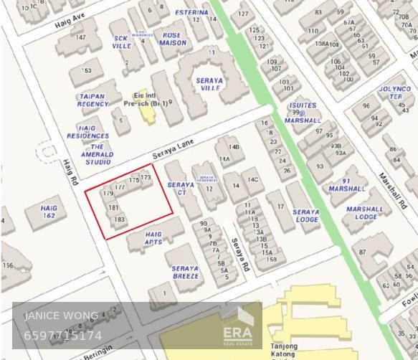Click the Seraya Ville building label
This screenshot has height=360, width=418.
click(x=209, y=84)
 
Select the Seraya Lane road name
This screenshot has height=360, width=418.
click(x=174, y=149)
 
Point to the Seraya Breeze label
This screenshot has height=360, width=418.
click(x=185, y=273)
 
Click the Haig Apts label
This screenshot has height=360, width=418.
click(x=153, y=238)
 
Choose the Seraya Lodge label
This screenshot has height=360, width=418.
click(x=306, y=216)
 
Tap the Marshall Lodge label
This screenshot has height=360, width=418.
click(x=365, y=213)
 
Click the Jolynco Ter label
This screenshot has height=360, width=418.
click(x=395, y=93)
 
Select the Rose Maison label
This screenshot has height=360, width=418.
click(x=173, y=39)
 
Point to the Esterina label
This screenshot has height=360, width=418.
click(x=191, y=13)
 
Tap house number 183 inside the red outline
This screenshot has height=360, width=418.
click(x=119, y=219)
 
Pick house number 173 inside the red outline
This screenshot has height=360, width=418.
click(x=146, y=177)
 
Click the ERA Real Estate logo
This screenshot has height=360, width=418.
click(x=237, y=328)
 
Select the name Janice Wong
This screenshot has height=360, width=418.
click(x=62, y=316)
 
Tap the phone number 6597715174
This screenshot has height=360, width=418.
click(x=63, y=336)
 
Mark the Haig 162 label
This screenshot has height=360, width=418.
click(x=49, y=212)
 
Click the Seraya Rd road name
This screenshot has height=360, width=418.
click(x=240, y=255)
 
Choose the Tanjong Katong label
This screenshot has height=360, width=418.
click(x=285, y=351)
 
